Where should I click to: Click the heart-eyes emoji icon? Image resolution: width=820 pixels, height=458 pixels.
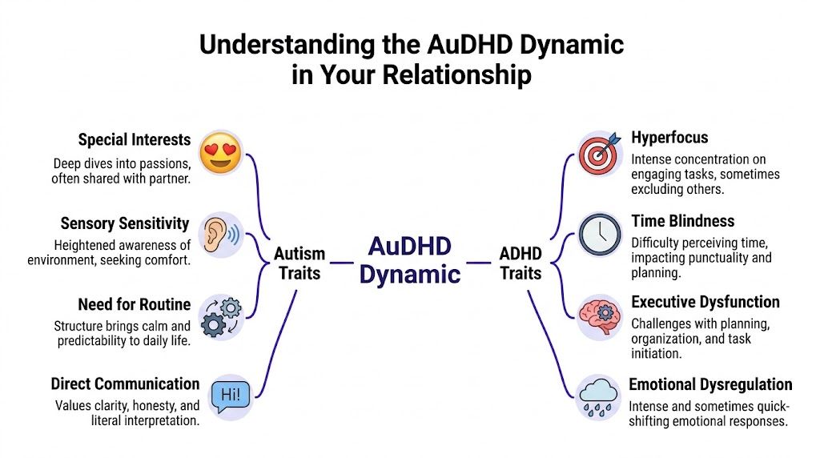pyautogui.click(x=220, y=154)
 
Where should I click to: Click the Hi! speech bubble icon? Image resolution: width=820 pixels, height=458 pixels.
pyautogui.click(x=230, y=395)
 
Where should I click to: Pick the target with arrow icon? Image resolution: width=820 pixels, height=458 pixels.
pyautogui.click(x=600, y=154)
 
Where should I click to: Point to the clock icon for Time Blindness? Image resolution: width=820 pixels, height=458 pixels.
pyautogui.click(x=600, y=235)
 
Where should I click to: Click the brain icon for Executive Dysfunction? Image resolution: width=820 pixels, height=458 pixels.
pyautogui.click(x=600, y=315)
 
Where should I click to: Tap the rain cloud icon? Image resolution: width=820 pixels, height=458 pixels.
pyautogui.click(x=600, y=395)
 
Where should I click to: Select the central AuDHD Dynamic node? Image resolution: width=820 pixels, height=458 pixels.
pyautogui.click(x=409, y=260)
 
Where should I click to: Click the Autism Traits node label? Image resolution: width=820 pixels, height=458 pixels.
pyautogui.click(x=299, y=263)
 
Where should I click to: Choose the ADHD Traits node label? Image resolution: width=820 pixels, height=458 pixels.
pyautogui.click(x=521, y=263)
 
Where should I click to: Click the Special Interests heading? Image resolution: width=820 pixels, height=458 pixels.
pyautogui.click(x=135, y=140)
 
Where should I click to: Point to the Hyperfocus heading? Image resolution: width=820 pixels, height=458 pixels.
pyautogui.click(x=669, y=138)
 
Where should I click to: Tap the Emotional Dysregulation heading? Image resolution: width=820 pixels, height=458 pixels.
pyautogui.click(x=710, y=385)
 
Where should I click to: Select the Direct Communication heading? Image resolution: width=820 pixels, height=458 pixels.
pyautogui.click(x=125, y=384)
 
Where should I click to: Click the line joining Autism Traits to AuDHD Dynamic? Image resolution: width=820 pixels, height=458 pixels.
pyautogui.click(x=342, y=262)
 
